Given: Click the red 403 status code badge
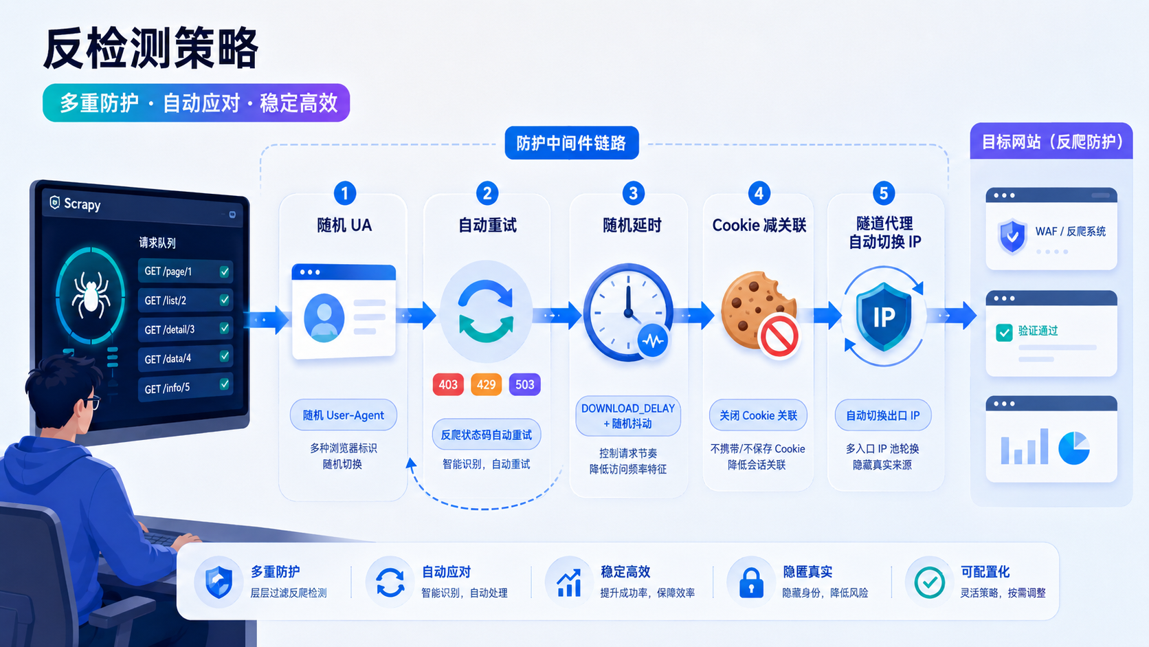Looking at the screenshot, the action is [448, 384].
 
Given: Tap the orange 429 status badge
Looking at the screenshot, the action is [486, 384].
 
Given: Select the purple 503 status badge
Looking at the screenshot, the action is [524, 384].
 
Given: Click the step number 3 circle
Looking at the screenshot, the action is [633, 193].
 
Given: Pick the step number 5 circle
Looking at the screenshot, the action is [883, 193].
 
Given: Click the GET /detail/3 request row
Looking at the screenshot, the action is [185, 329].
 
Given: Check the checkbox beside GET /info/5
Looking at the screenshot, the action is [224, 384].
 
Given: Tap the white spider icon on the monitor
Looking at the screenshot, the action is [91, 295].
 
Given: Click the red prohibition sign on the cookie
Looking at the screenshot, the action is [779, 336].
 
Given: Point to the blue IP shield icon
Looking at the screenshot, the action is [884, 316].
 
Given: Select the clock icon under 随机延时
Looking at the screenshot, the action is [627, 312].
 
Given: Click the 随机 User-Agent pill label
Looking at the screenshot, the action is [343, 415].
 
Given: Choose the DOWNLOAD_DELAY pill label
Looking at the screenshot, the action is [628, 415].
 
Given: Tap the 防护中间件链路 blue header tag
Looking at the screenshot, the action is [572, 142].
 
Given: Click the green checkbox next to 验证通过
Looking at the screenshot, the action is [1004, 333].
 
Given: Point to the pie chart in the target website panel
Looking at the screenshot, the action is [1073, 448].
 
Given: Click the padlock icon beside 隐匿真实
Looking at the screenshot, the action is [751, 582].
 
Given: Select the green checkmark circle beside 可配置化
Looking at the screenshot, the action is [929, 582].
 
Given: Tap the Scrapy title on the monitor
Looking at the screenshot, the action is [82, 204].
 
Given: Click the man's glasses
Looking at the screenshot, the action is [93, 403].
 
